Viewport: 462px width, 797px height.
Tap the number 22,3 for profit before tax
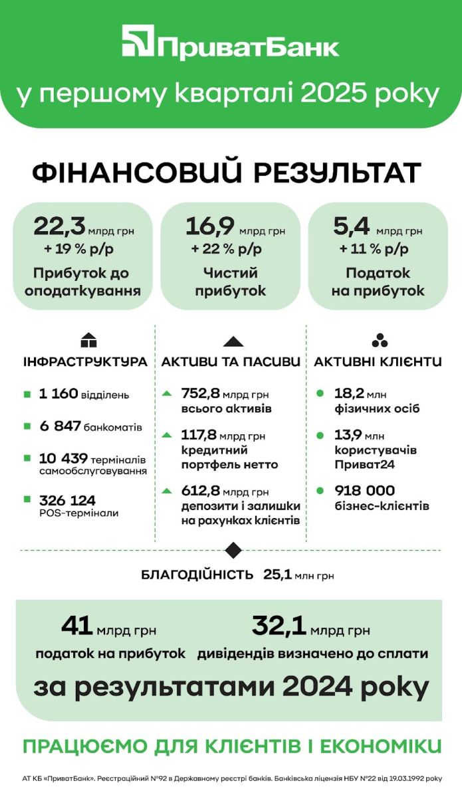click(x=60, y=227)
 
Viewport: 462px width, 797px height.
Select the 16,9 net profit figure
click(x=210, y=227)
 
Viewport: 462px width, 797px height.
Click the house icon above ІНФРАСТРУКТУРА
click(x=88, y=341)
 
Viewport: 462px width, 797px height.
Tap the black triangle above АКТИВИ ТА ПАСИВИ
click(x=232, y=341)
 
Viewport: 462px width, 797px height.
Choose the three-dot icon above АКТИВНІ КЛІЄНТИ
click(x=380, y=341)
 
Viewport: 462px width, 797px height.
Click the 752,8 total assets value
click(x=200, y=394)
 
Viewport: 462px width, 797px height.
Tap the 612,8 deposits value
click(x=200, y=491)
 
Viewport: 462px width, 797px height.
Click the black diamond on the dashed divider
click(x=232, y=550)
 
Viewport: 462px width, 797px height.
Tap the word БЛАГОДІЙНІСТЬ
click(x=197, y=575)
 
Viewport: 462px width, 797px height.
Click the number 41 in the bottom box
click(x=76, y=626)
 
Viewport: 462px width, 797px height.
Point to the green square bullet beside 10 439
click(x=27, y=459)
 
